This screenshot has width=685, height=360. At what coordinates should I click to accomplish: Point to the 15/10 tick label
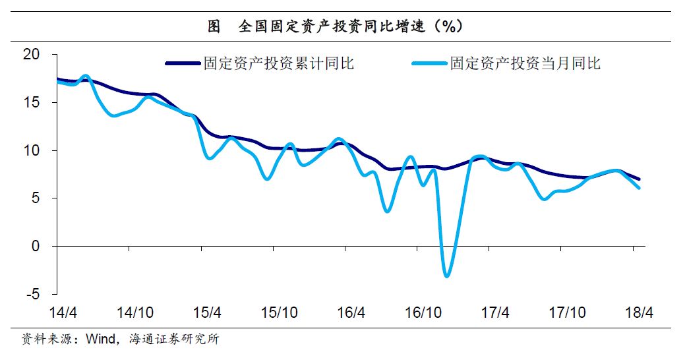[278, 311]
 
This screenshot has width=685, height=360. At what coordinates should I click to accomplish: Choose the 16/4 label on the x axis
[350, 311]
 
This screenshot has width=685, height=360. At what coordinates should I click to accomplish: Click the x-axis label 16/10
[422, 311]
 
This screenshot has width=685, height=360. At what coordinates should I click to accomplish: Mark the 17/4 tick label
[494, 311]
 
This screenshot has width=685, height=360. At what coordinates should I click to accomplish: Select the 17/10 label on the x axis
[566, 311]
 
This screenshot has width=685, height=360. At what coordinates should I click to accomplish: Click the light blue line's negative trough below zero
[447, 276]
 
